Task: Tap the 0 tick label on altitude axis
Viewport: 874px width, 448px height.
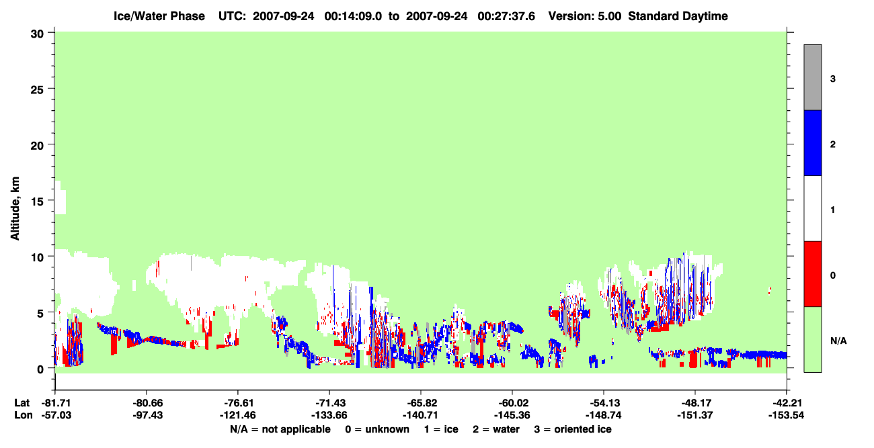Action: click(40, 369)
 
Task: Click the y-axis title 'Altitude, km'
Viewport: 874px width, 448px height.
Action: click(15, 209)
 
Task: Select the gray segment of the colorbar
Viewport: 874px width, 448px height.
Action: click(812, 77)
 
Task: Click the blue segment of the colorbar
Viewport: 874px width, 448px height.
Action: click(812, 142)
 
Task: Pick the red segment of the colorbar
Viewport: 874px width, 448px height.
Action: click(812, 274)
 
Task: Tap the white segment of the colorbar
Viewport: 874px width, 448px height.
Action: click(812, 208)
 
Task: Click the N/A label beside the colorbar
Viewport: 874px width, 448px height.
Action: click(838, 341)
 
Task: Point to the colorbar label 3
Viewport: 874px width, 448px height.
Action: click(832, 79)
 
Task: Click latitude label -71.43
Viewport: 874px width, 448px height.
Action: click(329, 403)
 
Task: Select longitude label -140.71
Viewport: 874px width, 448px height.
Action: click(421, 415)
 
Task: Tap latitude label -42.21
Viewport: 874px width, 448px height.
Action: click(786, 403)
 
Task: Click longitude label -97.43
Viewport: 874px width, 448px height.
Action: click(147, 415)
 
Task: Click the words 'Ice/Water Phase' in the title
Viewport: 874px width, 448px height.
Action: click(159, 16)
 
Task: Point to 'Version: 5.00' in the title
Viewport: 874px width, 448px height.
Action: click(585, 16)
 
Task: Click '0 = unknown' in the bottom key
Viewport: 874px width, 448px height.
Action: click(377, 430)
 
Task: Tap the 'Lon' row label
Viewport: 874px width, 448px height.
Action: click(24, 415)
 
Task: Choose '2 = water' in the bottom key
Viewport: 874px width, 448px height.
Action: click(496, 430)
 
